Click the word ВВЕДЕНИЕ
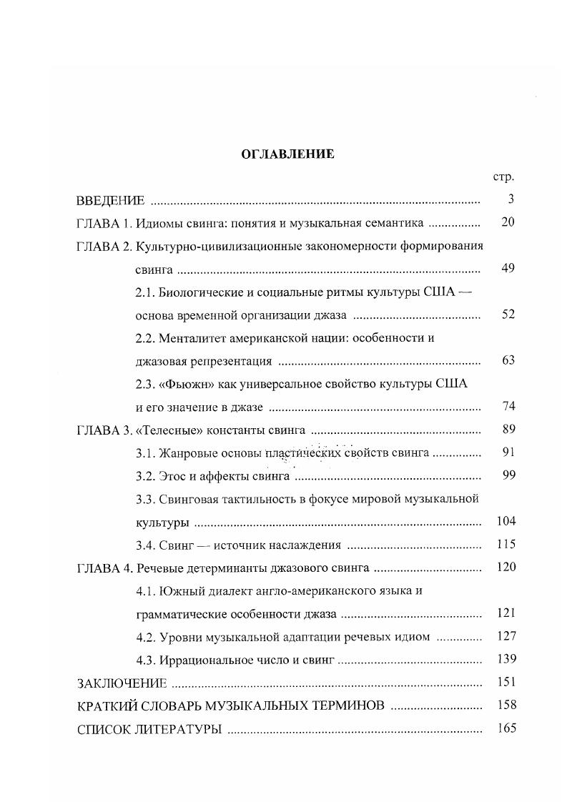coord(111,199)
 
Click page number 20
coord(508,222)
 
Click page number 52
coord(508,315)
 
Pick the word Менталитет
coord(191,337)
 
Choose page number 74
coord(508,407)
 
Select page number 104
coord(506,521)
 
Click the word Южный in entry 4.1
coord(179,590)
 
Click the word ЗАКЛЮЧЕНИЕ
coord(122,683)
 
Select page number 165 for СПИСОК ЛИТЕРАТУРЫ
coord(506,729)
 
